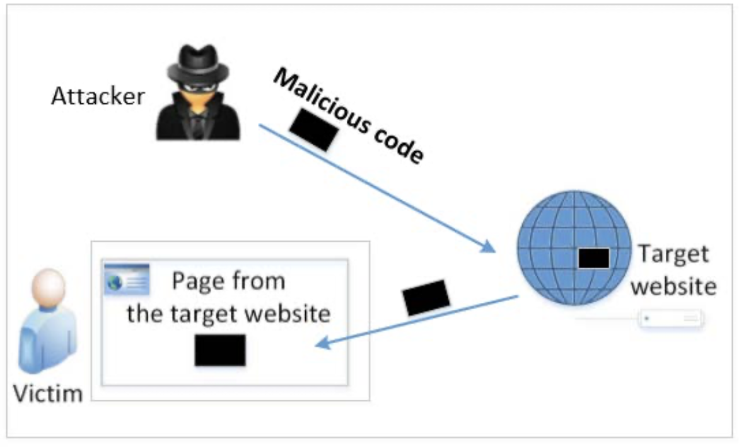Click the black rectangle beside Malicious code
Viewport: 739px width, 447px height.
coord(313,130)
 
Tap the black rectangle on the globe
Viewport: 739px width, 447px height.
coord(593,258)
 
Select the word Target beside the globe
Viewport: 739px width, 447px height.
coord(673,254)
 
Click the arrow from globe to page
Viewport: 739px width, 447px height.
coord(416,320)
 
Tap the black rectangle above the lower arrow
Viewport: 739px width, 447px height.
coord(427,297)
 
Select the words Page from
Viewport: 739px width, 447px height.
coord(229,281)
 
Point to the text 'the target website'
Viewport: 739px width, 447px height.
coord(228,313)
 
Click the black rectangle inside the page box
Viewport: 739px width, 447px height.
coord(220,350)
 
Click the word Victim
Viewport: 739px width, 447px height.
coord(48,394)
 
